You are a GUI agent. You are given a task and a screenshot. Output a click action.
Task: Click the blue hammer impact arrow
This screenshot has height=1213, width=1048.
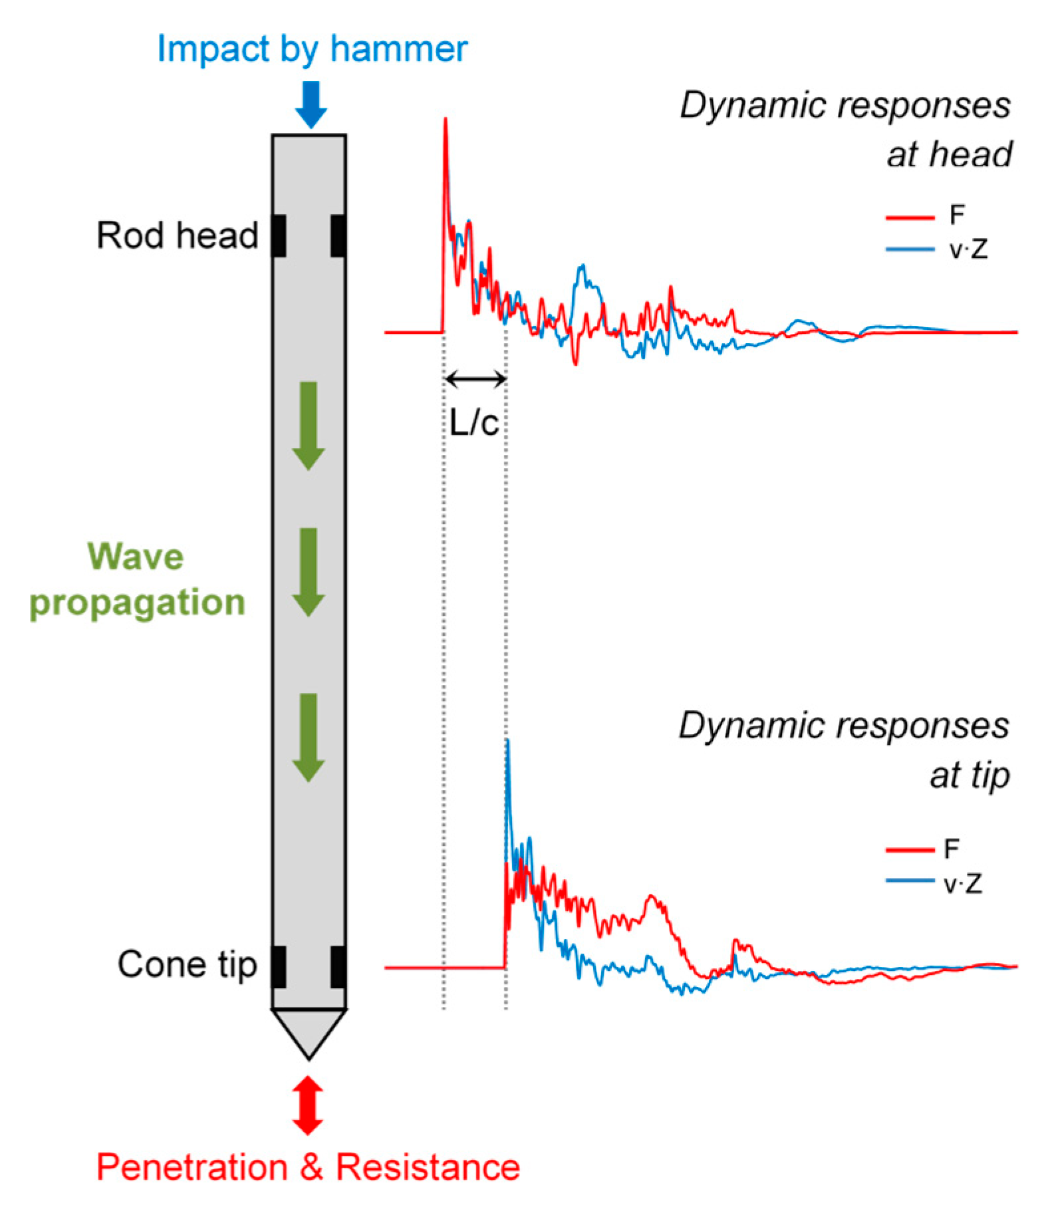[311, 104]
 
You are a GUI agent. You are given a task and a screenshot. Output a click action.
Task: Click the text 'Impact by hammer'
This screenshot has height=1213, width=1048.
[312, 49]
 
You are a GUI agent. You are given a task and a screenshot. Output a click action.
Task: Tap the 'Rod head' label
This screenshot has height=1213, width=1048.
[177, 235]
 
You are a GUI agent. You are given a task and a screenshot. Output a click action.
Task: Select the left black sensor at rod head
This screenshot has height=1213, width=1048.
[279, 235]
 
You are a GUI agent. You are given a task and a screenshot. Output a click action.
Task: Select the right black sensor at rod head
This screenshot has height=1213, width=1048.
[338, 235]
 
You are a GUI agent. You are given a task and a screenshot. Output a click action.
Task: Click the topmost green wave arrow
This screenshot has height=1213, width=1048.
[308, 426]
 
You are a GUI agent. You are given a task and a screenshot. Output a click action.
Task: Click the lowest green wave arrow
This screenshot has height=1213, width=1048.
[308, 737]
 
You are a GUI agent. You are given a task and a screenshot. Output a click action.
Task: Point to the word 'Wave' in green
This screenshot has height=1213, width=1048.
[136, 556]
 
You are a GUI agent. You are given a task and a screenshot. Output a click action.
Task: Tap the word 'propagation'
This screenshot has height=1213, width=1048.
[138, 602]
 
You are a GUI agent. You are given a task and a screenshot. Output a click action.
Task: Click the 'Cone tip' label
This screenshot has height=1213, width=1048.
[187, 964]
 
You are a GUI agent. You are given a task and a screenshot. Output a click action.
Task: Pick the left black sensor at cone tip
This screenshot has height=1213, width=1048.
[279, 966]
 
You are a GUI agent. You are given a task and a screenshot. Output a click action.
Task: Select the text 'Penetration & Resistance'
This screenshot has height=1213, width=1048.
[308, 1167]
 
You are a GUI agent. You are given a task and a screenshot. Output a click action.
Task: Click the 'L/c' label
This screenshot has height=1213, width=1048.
[473, 422]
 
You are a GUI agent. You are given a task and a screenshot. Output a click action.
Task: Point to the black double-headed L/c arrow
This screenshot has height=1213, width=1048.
[475, 380]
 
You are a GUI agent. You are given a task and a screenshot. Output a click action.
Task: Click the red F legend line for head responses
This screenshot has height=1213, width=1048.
[910, 217]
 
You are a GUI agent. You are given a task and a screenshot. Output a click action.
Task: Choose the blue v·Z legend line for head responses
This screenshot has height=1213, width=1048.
[910, 250]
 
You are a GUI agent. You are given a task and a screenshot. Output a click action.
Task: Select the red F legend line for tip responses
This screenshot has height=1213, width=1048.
[910, 849]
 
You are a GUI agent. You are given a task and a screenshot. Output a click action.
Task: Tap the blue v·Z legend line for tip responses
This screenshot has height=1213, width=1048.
[910, 881]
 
